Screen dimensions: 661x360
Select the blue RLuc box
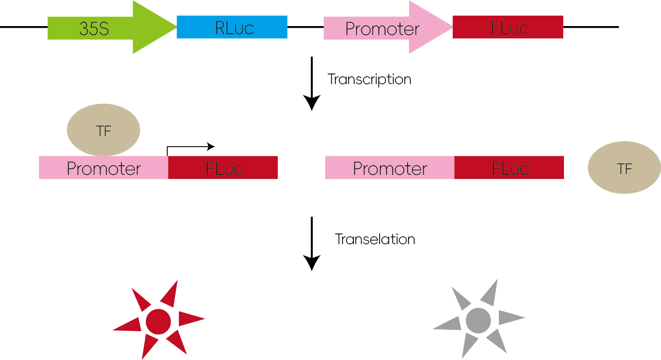pos(232,27)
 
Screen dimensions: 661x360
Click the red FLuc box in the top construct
pos(508,27)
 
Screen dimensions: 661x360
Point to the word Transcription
pos(369,80)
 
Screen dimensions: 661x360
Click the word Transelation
pos(375,239)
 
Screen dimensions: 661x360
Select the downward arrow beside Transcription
pos(311,84)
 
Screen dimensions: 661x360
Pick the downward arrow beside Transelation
pos(311,244)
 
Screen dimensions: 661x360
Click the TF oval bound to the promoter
pos(103,130)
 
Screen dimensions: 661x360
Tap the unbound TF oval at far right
pos(624,168)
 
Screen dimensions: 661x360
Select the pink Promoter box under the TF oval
pos(104,168)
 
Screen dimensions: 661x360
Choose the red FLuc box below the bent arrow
pos(223,168)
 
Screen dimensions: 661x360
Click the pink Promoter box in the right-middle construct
pos(390,168)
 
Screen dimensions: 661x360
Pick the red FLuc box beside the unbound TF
pos(509,168)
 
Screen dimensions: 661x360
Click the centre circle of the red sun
pos(159,322)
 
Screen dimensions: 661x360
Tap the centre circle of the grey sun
pos(479,320)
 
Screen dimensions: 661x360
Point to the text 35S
pos(94,29)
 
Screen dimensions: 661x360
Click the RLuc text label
pos(234,28)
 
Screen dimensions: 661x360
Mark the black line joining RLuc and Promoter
pos(306,27)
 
